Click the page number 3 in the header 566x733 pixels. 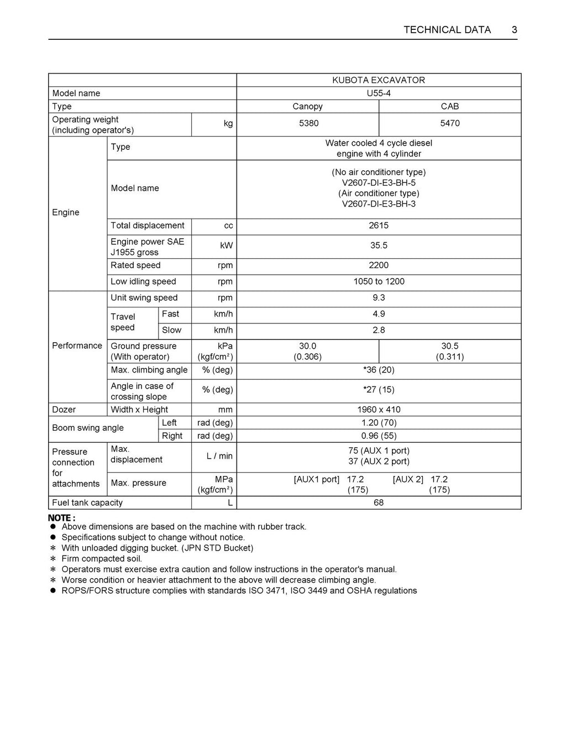coord(514,30)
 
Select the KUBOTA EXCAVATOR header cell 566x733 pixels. coord(379,80)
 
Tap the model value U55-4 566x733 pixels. coord(379,93)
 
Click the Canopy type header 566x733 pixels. coord(307,107)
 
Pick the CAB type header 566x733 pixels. coord(450,107)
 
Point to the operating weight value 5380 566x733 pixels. coord(308,123)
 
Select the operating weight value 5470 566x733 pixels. coord(450,123)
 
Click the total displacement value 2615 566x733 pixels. coord(379,226)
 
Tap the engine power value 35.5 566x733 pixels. coord(379,245)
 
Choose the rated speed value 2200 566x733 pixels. coord(379,265)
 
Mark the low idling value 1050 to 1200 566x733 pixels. coord(379,281)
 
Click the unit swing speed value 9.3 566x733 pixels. coord(379,297)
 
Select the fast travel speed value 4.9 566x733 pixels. coord(379,314)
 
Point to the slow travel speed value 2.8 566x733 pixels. coord(379,330)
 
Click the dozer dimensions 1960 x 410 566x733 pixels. coord(379,410)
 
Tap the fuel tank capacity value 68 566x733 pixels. coord(379,502)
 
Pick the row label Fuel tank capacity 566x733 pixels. coord(87,502)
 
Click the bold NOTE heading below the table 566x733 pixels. coord(61,518)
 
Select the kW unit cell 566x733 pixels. coord(227,245)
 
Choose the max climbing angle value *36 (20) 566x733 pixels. coord(379,370)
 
